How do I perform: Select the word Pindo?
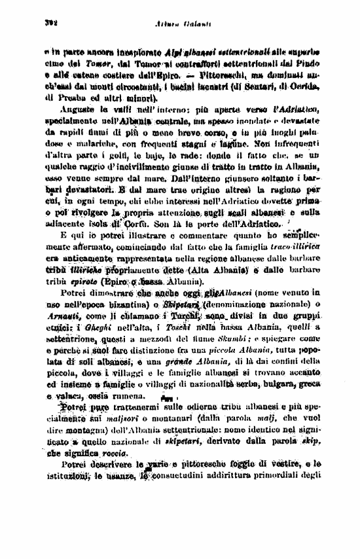click(x=329, y=65)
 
